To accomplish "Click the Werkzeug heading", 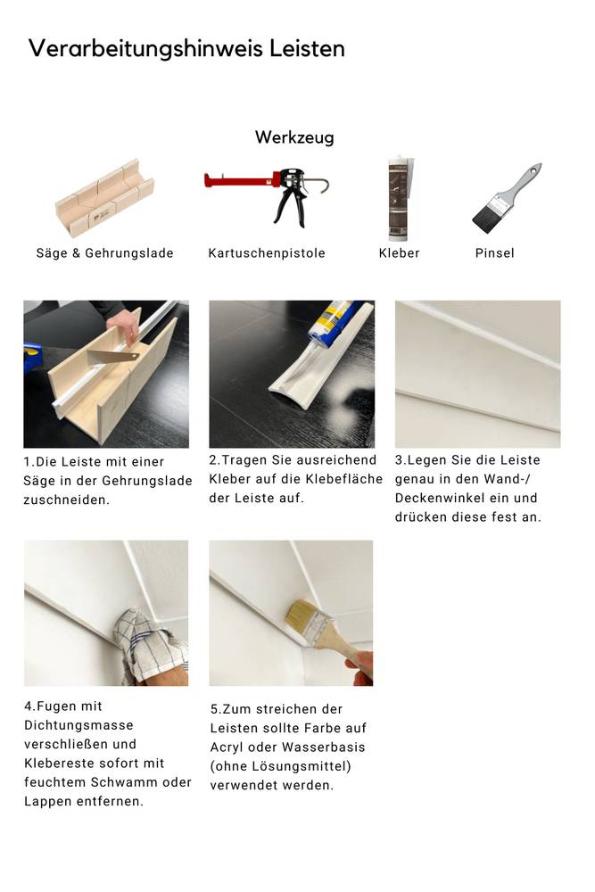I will pyautogui.click(x=294, y=137).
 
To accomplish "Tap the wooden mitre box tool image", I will pyautogui.click(x=104, y=199).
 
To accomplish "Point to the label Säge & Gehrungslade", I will pyautogui.click(x=104, y=253).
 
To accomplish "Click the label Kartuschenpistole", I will pyautogui.click(x=267, y=253).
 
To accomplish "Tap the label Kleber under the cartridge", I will pyautogui.click(x=399, y=253).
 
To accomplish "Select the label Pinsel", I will pyautogui.click(x=494, y=253).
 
